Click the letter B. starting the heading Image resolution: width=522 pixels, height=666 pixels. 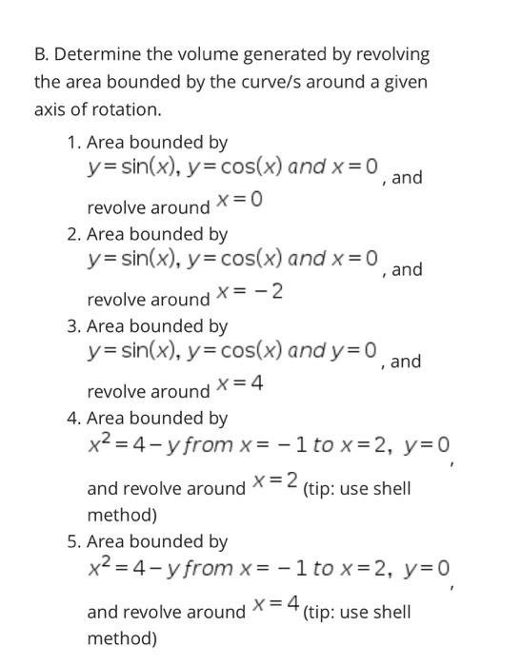click(x=41, y=53)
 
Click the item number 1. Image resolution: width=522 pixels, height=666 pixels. click(x=73, y=143)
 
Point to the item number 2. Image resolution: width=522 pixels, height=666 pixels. click(x=73, y=234)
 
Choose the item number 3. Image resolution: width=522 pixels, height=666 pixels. click(x=73, y=326)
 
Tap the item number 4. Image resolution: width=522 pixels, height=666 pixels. click(x=73, y=418)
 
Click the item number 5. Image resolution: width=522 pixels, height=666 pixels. click(x=73, y=541)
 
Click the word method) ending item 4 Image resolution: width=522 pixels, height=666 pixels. click(x=121, y=515)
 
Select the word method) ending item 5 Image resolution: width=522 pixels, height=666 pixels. click(x=121, y=637)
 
